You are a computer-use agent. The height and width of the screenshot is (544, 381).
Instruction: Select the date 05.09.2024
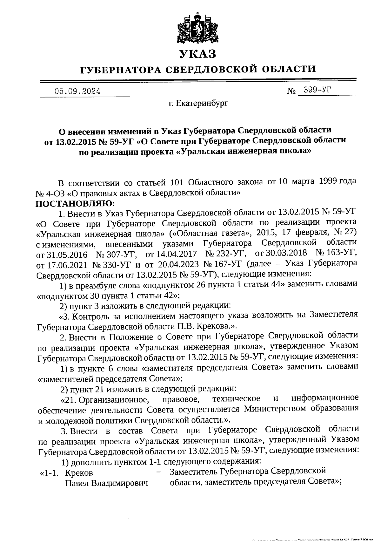(x=77, y=92)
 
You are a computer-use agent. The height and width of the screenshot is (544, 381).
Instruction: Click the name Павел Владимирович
(x=107, y=484)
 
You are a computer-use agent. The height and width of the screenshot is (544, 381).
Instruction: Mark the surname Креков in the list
(x=79, y=473)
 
